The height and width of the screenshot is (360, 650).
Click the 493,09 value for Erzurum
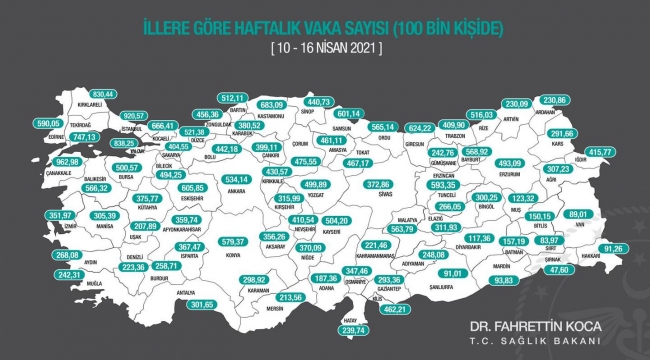[510, 162]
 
